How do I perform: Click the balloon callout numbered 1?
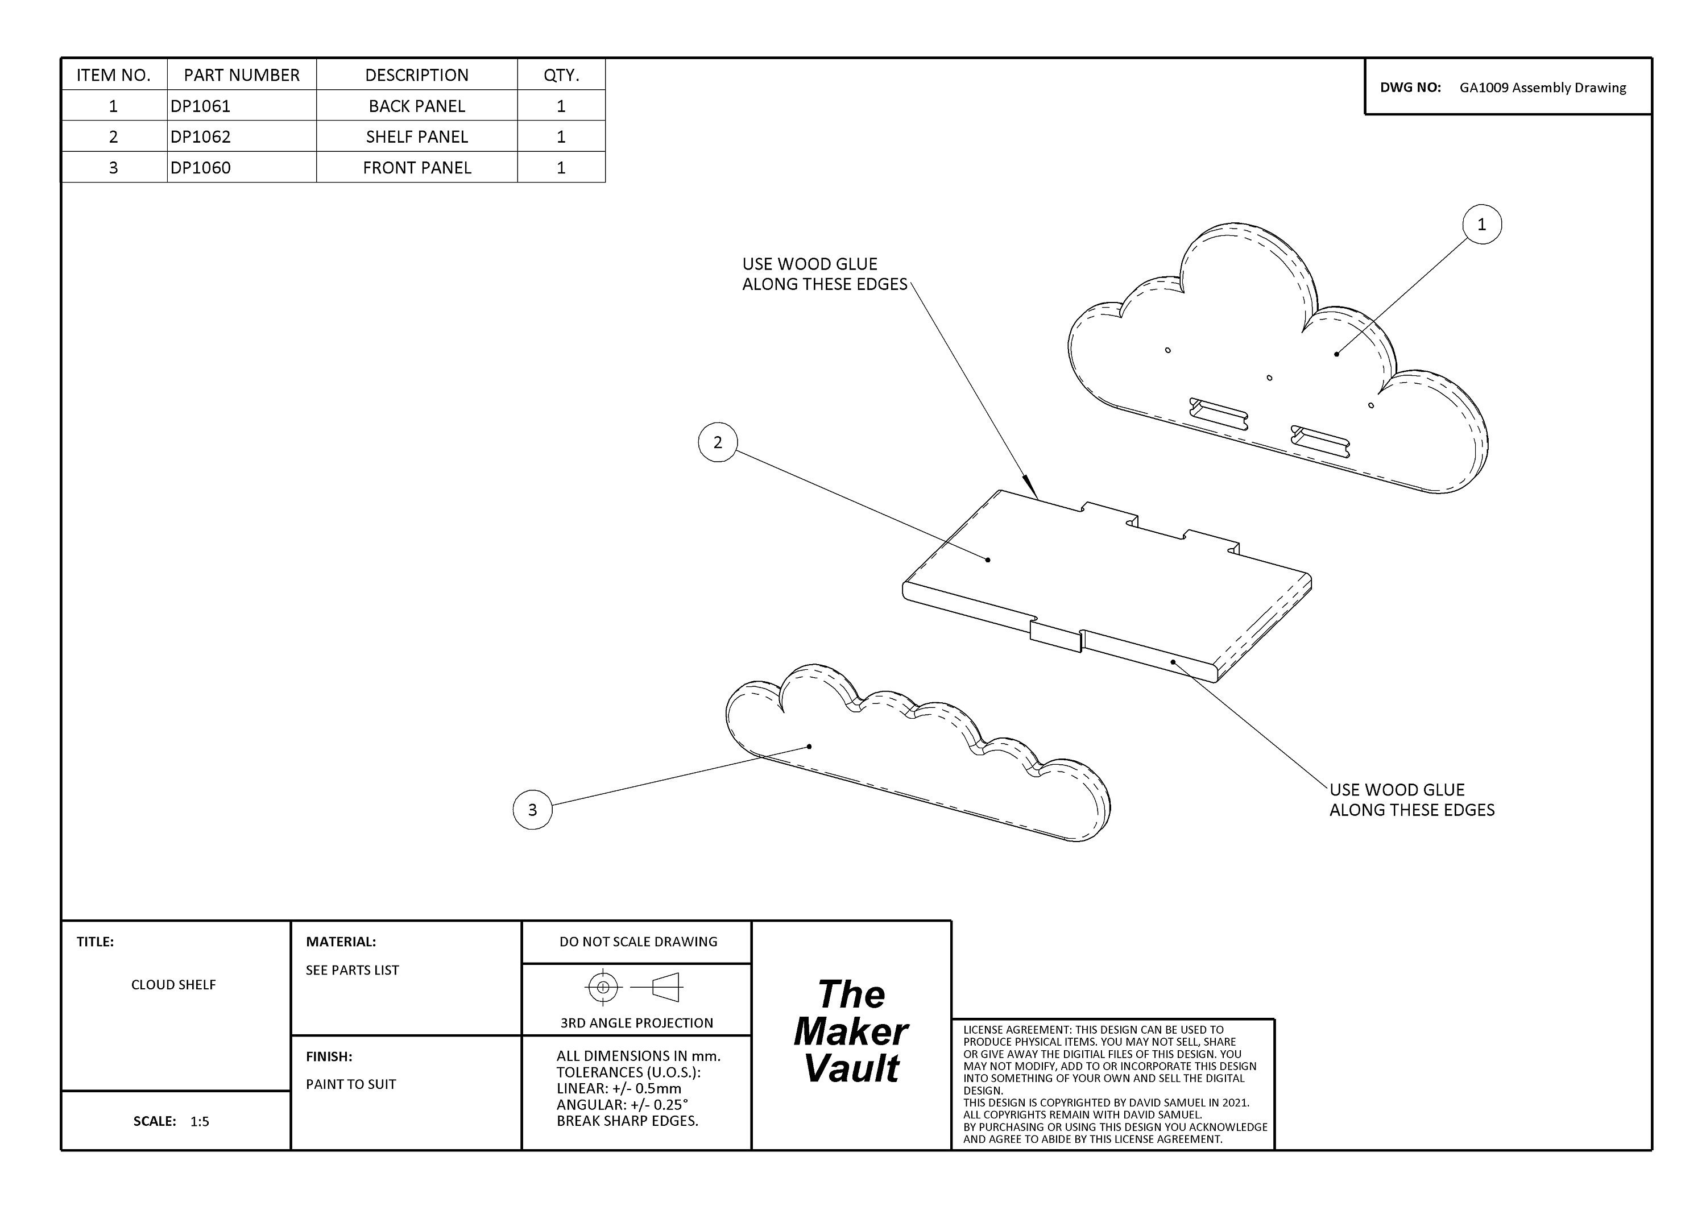(x=1481, y=225)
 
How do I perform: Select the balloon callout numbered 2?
(x=718, y=443)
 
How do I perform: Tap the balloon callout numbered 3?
(x=533, y=810)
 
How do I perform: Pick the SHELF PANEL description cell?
(x=417, y=136)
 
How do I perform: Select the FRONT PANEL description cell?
(x=417, y=168)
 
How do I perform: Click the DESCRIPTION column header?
(x=417, y=75)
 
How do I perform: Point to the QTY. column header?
(x=561, y=75)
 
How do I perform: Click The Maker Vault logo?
(x=851, y=1031)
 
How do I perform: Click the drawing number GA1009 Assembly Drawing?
(x=1543, y=88)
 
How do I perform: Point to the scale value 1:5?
(x=200, y=1121)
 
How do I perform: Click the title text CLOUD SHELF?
(x=174, y=985)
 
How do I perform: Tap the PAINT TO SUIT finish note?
(x=351, y=1084)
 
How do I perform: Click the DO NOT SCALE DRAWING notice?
(x=638, y=942)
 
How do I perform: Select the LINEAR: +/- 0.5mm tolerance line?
(x=619, y=1089)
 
